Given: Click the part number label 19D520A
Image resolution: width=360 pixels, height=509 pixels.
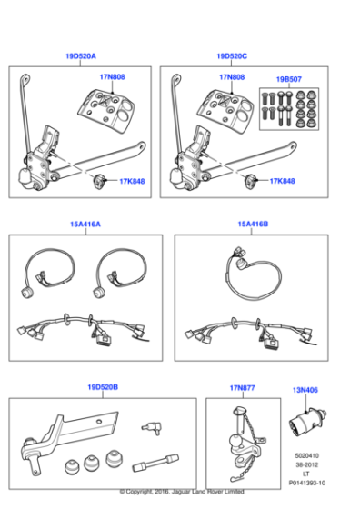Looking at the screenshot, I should [x=81, y=56].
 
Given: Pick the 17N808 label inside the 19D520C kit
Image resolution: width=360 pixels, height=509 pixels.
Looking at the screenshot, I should [x=233, y=77].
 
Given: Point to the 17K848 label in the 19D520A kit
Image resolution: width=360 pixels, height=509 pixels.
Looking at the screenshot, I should [x=131, y=181].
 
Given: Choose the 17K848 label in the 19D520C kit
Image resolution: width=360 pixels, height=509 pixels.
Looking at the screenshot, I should [x=282, y=181].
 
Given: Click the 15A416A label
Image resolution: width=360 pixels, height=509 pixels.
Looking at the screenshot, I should [x=85, y=224].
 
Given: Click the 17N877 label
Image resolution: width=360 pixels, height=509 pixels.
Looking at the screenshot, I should [x=241, y=387].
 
